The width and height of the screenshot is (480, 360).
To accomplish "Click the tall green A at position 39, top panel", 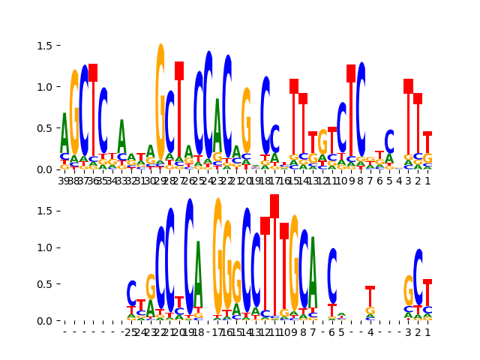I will (64, 132).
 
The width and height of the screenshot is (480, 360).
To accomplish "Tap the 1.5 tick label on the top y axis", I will (43, 46).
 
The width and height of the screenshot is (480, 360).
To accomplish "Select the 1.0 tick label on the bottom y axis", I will (43, 247).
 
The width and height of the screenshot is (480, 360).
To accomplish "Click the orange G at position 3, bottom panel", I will (409, 289).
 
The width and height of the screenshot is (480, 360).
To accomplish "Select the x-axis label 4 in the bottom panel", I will (370, 331).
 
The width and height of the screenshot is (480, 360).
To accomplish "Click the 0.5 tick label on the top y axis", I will (43, 128).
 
